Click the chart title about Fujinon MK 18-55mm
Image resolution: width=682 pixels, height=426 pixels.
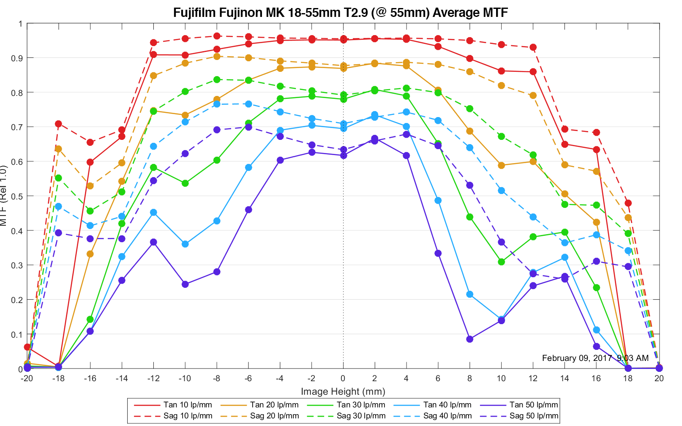tap(340, 12)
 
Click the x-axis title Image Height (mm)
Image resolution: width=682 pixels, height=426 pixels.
tap(343, 391)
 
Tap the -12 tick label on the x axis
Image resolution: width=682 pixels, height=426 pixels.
tap(153, 378)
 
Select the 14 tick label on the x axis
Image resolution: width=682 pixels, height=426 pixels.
tap(565, 378)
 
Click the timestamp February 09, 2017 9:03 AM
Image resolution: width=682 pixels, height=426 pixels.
tap(595, 358)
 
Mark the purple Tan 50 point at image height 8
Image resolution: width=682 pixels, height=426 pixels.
tap(469, 339)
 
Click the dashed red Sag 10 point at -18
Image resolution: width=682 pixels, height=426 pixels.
tap(58, 124)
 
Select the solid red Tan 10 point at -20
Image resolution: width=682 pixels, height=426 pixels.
tap(27, 347)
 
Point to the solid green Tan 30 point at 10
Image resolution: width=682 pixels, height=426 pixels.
tap(501, 262)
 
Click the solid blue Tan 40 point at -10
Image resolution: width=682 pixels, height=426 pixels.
tap(185, 244)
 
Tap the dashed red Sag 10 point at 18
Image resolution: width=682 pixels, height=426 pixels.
tap(628, 203)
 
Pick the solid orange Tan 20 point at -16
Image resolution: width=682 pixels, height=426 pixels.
tap(90, 254)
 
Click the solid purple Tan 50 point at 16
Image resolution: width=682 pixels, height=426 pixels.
tap(596, 347)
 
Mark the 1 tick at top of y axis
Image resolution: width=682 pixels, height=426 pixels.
tap(20, 24)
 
